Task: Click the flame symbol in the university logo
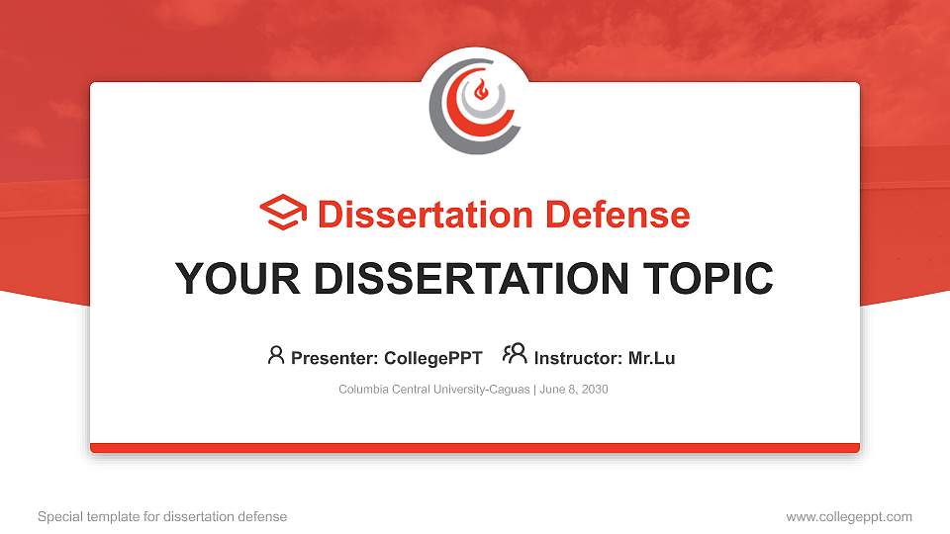481,92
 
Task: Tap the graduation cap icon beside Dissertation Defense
283,214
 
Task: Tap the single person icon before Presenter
276,355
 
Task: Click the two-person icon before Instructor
515,354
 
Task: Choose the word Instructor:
578,358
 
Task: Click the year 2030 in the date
594,390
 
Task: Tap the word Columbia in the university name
363,390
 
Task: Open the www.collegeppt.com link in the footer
849,516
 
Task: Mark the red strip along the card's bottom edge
475,448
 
